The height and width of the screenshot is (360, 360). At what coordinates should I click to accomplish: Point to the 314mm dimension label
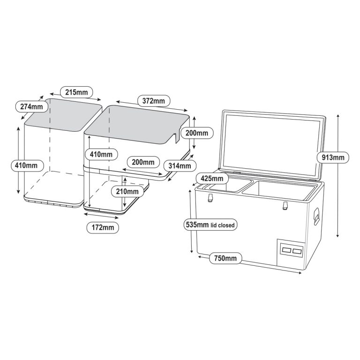pos(179,165)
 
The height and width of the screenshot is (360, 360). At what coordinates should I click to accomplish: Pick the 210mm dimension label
pos(127,191)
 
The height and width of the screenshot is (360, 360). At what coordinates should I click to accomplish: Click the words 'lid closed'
pos(223,225)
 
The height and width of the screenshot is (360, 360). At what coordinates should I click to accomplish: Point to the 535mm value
pos(197,225)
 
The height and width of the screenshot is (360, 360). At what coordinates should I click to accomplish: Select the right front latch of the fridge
pos(285,205)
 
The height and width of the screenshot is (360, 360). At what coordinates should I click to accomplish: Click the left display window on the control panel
pos(286,250)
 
